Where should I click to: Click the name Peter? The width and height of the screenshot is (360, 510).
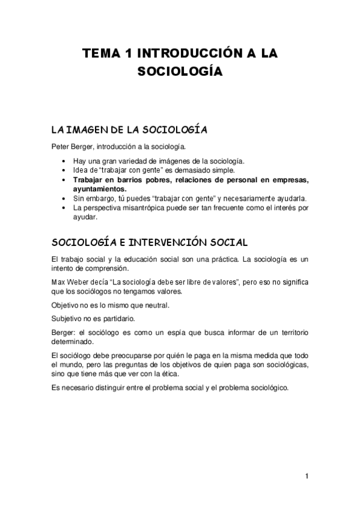61,146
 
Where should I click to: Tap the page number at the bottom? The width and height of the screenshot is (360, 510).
306,477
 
